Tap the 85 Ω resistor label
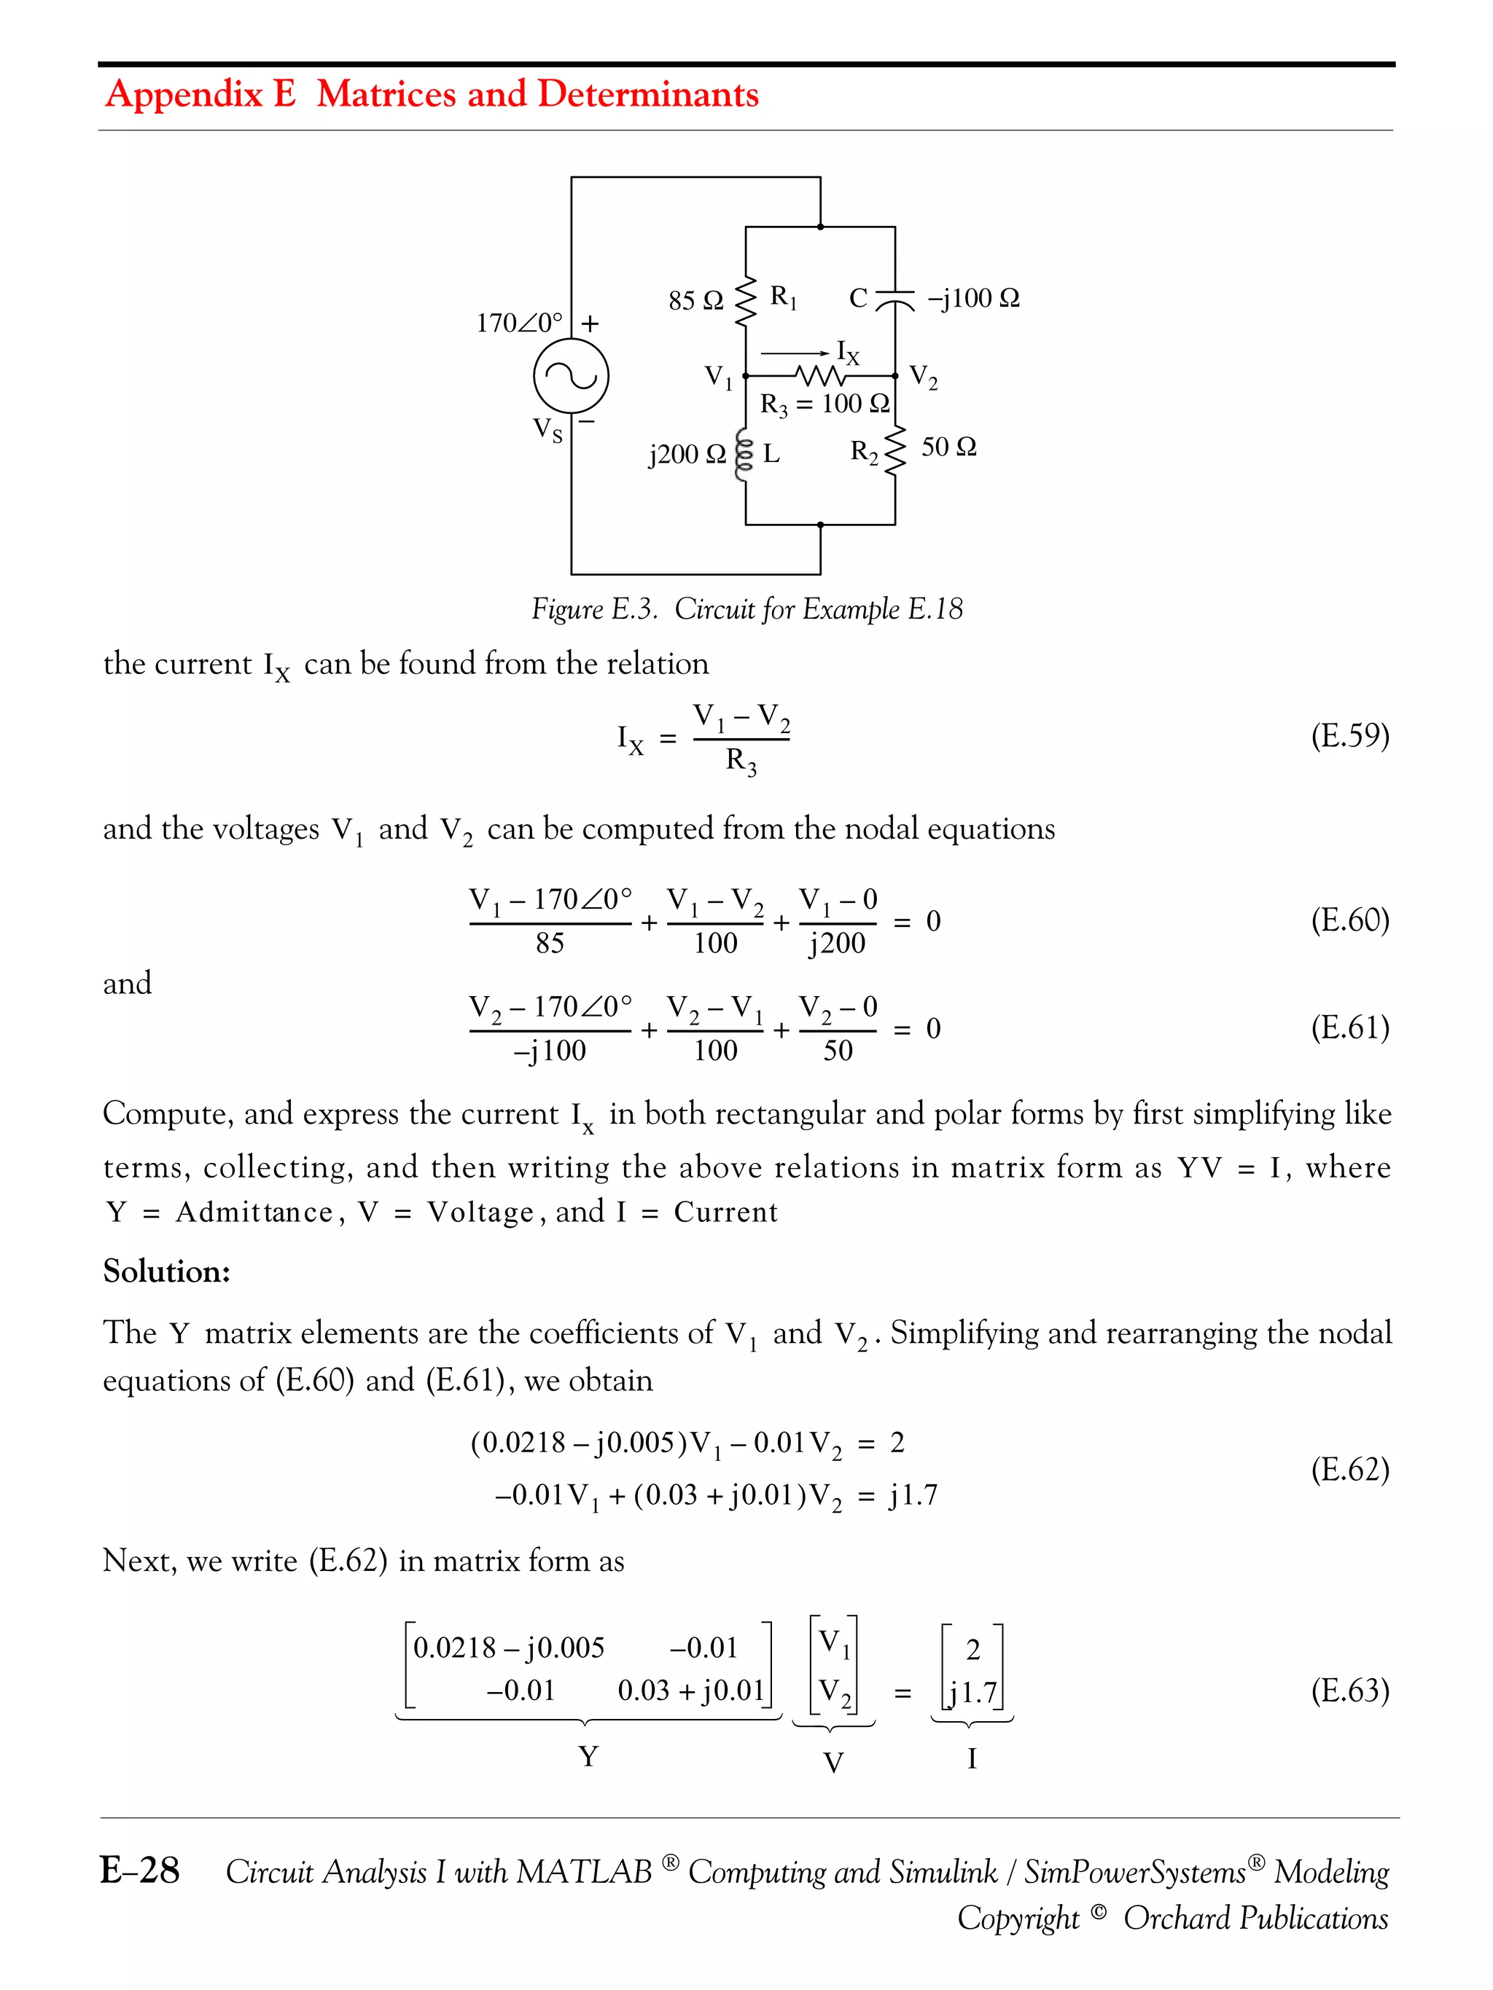tap(695, 300)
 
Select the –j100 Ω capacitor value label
tap(972, 298)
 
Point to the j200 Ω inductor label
tap(687, 453)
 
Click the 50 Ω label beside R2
tap(948, 446)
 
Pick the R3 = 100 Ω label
tap(825, 404)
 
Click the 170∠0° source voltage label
tap(519, 322)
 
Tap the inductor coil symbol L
tap(744, 456)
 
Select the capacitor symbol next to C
tap(894, 299)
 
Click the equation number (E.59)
tap(1349, 735)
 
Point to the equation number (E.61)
tap(1349, 1027)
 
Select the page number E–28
tap(139, 1870)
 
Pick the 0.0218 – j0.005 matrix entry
tap(508, 1648)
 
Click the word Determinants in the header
tap(648, 93)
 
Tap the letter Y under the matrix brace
tap(588, 1756)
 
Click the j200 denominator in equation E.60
tap(837, 943)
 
